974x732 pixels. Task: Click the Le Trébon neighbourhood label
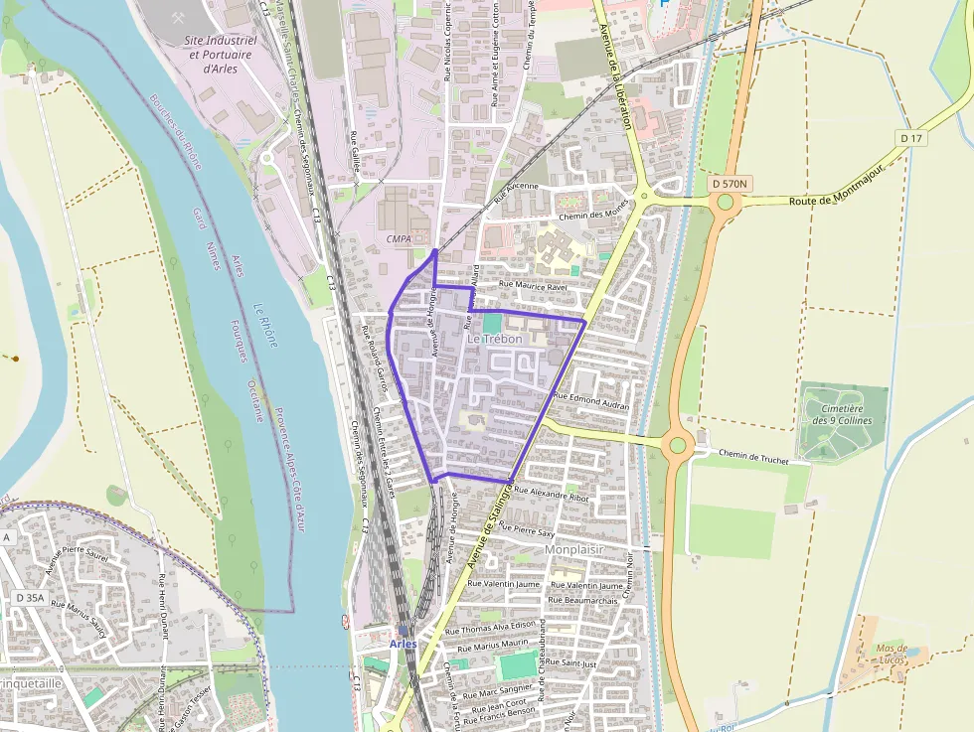coord(494,339)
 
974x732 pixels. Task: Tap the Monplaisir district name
coord(575,548)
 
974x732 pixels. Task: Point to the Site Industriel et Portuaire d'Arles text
coord(221,55)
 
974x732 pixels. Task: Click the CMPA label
coord(399,239)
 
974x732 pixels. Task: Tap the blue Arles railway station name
coord(403,644)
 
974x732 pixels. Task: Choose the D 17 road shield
coord(909,136)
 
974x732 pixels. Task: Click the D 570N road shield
coord(732,184)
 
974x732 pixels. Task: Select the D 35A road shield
coord(30,598)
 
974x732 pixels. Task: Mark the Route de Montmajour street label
coord(837,199)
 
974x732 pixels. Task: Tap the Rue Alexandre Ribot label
coord(552,494)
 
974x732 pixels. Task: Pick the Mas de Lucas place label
coord(892,654)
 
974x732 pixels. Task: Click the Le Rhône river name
coord(265,325)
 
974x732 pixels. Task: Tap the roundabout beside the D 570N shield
coord(727,203)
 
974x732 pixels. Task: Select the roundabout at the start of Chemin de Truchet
coord(678,444)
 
